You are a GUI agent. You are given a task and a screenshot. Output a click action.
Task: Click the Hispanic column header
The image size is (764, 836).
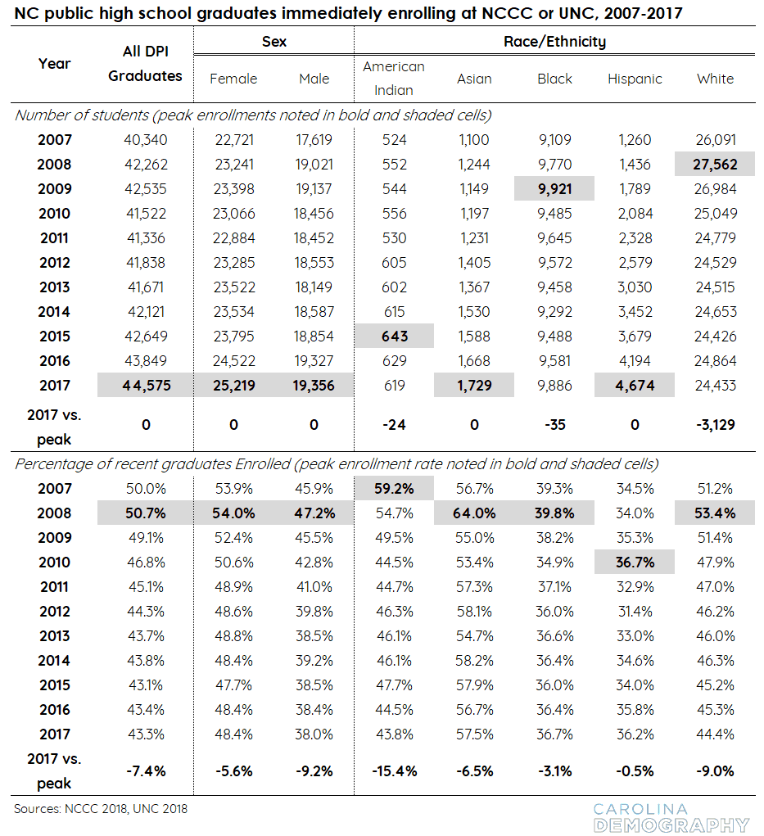(x=635, y=79)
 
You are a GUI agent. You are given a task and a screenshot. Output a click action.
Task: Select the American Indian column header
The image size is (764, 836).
(x=394, y=79)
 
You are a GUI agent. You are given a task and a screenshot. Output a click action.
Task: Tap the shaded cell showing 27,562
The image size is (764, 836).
(x=714, y=165)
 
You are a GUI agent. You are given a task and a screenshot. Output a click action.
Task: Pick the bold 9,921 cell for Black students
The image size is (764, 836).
(x=554, y=189)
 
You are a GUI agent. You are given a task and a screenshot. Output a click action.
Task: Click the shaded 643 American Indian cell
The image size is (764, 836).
(x=395, y=337)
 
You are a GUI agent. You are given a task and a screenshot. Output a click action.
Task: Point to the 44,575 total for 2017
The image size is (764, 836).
(x=146, y=386)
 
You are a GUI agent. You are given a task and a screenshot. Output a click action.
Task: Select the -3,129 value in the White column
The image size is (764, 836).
(x=715, y=425)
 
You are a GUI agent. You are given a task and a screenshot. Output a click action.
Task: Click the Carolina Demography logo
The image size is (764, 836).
(x=671, y=818)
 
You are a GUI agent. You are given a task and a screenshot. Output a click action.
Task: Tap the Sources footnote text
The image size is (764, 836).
(x=101, y=809)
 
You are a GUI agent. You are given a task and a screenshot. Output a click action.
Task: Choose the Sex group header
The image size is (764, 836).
(x=274, y=42)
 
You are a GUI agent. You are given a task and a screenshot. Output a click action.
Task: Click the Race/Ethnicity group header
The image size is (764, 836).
(x=554, y=42)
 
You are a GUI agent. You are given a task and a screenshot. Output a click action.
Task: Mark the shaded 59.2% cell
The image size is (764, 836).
(x=395, y=488)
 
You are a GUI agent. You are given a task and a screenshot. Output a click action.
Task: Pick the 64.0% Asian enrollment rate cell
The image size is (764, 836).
(x=474, y=513)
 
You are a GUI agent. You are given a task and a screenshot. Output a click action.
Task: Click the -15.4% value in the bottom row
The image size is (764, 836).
(x=395, y=771)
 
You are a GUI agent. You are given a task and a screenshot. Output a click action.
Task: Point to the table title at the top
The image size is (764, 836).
(x=348, y=13)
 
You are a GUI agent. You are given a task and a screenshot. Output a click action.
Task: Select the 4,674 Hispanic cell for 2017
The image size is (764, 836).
(x=635, y=386)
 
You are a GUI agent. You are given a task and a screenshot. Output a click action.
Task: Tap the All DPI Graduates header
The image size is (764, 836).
(x=145, y=63)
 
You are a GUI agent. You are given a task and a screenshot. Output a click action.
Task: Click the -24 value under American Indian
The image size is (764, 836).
(x=394, y=425)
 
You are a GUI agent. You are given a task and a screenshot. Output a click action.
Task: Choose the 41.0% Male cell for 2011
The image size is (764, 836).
(x=314, y=587)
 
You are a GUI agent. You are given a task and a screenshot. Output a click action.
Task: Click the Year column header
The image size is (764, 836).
(x=54, y=63)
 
